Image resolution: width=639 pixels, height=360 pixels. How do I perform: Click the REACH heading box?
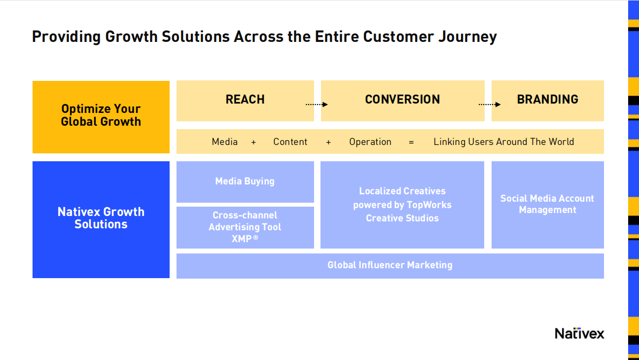click(x=245, y=101)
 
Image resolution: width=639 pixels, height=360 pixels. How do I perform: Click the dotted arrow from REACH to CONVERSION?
click(x=317, y=105)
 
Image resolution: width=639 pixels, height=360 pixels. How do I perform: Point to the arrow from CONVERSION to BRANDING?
click(x=490, y=105)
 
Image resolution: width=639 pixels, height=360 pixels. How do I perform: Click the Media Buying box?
click(x=245, y=181)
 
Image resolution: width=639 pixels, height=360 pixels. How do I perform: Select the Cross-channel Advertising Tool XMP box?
click(x=245, y=227)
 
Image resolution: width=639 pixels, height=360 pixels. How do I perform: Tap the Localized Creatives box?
click(x=402, y=205)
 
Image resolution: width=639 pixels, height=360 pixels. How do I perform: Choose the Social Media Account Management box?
click(x=547, y=205)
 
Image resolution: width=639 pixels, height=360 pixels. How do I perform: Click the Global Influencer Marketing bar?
click(x=390, y=266)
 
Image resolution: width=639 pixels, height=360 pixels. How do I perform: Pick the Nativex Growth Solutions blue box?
click(x=101, y=219)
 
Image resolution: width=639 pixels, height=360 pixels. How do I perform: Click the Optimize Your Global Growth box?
click(x=101, y=117)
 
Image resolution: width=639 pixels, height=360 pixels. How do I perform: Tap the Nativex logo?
click(x=579, y=333)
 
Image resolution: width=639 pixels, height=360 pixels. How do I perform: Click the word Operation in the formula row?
click(x=370, y=142)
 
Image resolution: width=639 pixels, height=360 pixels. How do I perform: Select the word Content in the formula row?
click(x=290, y=142)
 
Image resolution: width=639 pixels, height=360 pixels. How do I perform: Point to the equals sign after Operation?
click(x=411, y=142)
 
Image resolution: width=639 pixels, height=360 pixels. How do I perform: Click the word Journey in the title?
click(x=468, y=37)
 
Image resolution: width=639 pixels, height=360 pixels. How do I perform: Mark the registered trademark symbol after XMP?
click(x=255, y=237)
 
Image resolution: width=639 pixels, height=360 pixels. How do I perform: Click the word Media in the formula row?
click(x=224, y=142)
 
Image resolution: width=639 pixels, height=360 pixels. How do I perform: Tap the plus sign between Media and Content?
click(x=253, y=142)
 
